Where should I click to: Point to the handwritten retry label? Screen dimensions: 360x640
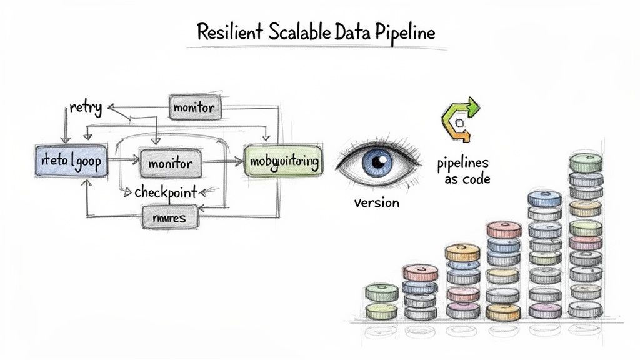click(x=86, y=107)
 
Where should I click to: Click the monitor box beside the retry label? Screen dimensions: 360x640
click(x=193, y=107)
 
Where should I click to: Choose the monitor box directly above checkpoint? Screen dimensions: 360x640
click(x=171, y=162)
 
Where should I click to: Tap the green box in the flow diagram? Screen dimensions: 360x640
click(x=283, y=162)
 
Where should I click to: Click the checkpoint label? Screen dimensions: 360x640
click(x=166, y=192)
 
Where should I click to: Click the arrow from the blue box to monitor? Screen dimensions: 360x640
click(x=122, y=161)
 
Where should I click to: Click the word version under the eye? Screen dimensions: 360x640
click(x=376, y=202)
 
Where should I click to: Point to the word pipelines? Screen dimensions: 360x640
click(x=462, y=164)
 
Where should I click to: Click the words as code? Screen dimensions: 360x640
click(x=467, y=179)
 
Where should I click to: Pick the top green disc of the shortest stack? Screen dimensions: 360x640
click(x=381, y=291)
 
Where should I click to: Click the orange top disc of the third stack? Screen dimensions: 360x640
click(x=462, y=252)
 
